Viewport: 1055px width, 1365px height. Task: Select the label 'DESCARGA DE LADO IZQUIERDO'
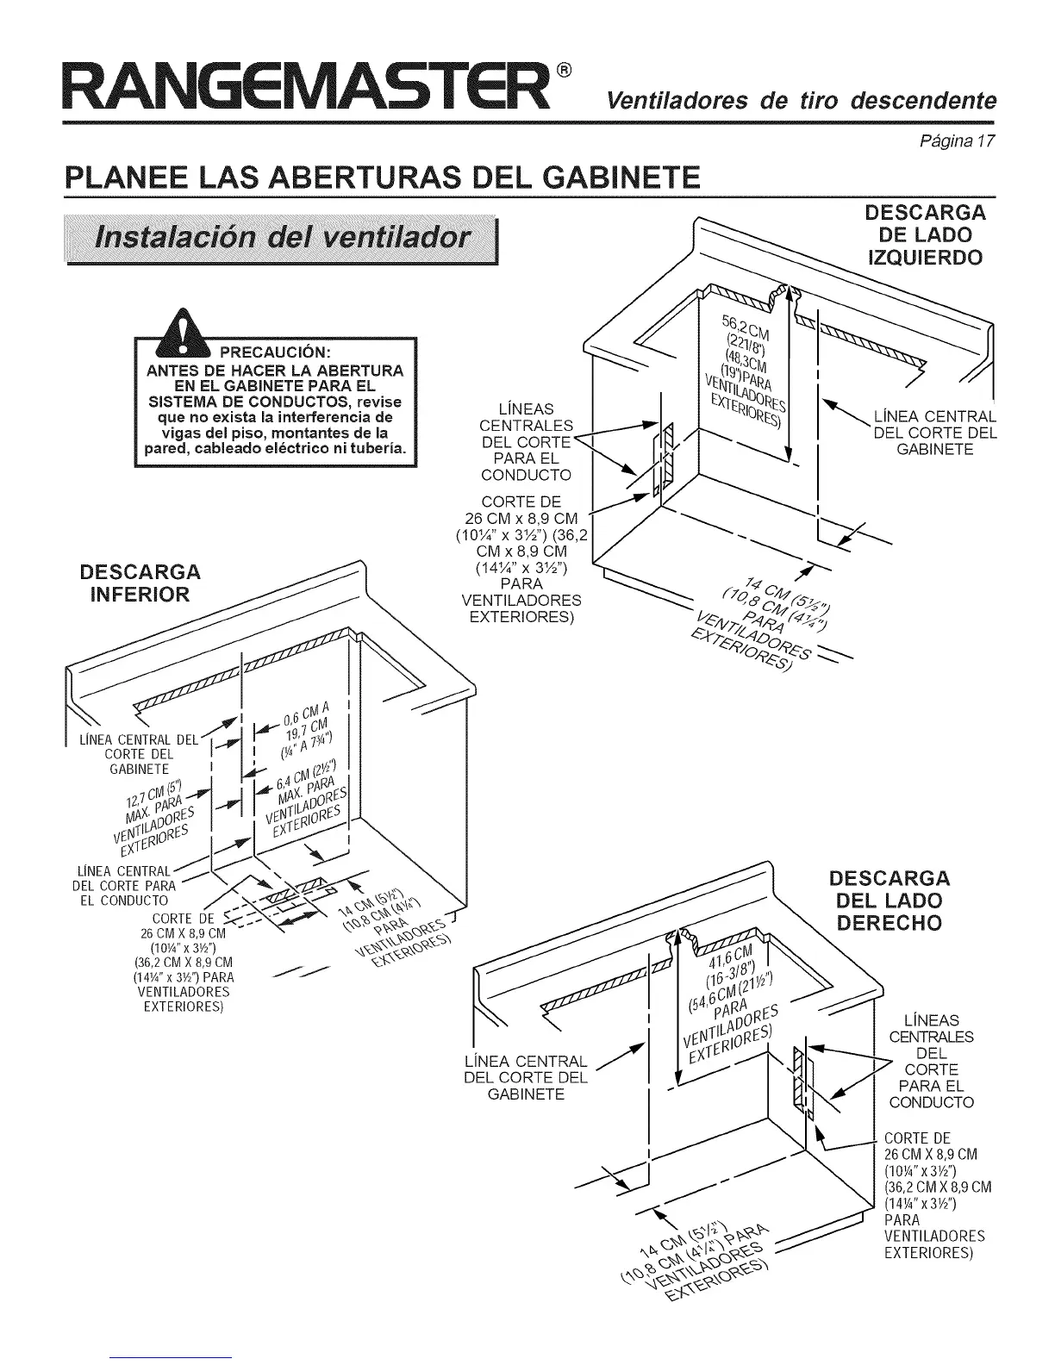pyautogui.click(x=925, y=235)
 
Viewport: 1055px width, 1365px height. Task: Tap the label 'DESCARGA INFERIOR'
pyautogui.click(x=140, y=583)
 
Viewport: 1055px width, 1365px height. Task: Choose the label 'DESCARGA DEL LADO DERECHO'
pyautogui.click(x=890, y=901)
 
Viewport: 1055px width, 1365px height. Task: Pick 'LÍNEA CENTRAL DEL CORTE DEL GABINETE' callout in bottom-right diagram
pyautogui.click(x=526, y=1077)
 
